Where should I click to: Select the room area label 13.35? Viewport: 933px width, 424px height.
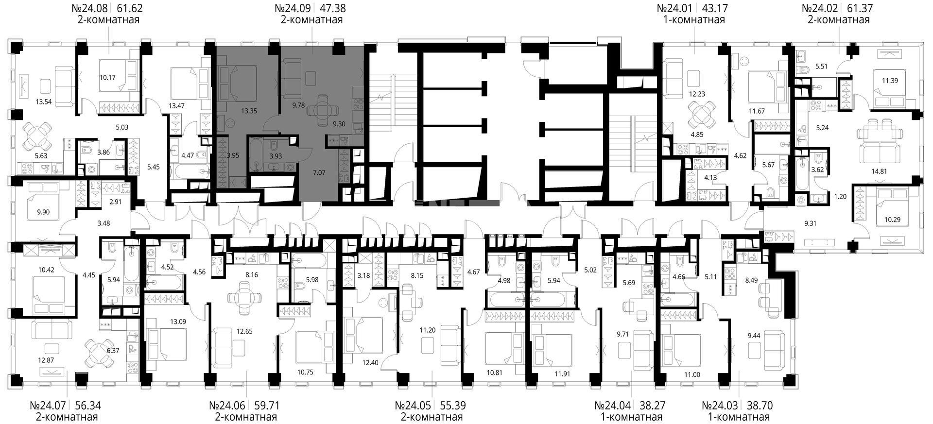point(249,111)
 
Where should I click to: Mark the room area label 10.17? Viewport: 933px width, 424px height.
point(108,77)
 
